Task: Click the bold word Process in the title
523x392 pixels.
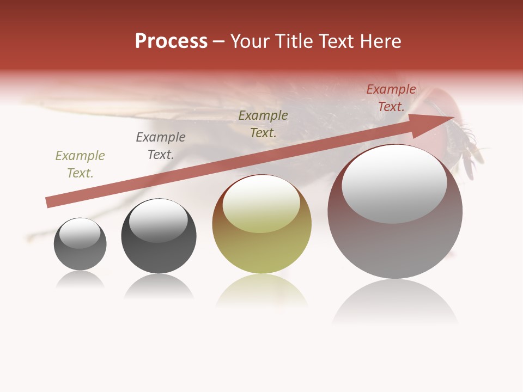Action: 171,41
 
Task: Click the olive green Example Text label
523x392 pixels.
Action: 80,164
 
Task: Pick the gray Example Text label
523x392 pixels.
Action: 161,146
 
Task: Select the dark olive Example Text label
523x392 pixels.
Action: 263,124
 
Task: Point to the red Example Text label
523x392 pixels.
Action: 391,98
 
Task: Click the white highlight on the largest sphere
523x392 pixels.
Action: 394,184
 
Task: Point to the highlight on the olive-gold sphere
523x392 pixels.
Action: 261,204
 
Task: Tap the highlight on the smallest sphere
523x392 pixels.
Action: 80,233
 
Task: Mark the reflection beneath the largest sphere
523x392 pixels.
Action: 395,302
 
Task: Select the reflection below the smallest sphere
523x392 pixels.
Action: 80,280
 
